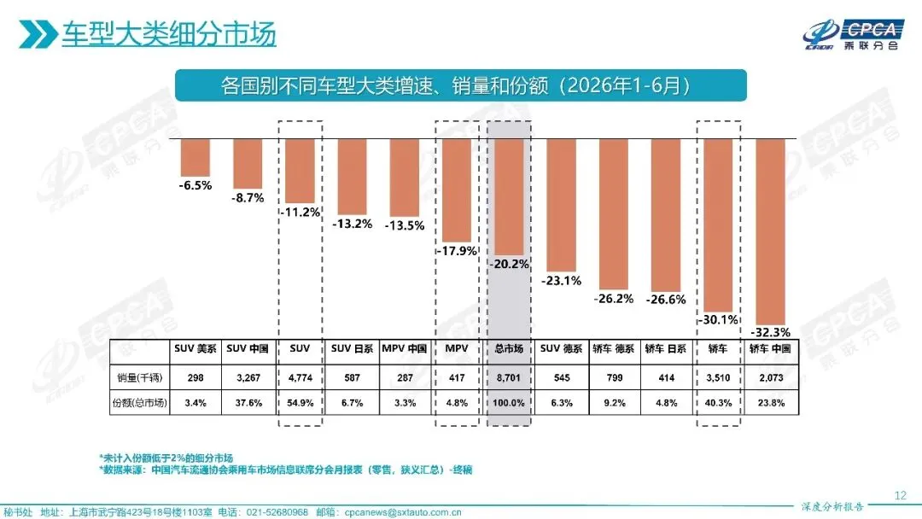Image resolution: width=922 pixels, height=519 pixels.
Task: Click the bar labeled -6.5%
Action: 195,158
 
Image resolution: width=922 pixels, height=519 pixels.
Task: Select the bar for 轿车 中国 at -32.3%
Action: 770,231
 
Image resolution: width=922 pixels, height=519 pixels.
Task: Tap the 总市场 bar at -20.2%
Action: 509,197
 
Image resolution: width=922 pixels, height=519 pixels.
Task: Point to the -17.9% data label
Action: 456,251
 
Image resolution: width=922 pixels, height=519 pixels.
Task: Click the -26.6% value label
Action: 666,299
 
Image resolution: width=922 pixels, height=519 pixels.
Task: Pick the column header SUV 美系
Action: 195,348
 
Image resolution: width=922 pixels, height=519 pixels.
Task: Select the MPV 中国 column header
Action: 405,348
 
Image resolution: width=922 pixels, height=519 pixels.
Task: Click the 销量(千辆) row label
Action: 139,377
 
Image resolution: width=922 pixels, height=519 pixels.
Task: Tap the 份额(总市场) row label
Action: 139,403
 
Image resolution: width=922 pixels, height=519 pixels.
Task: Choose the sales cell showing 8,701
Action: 509,377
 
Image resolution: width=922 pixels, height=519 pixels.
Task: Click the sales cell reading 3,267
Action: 248,377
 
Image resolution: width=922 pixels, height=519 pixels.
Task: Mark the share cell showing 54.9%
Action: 300,403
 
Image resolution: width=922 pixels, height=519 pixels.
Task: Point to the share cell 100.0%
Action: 509,403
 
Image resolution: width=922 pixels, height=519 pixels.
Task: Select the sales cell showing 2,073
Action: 771,377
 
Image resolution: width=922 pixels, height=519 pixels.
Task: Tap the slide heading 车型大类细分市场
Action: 169,34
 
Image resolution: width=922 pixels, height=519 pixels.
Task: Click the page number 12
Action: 901,495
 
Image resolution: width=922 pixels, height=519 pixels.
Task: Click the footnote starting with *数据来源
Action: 286,469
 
